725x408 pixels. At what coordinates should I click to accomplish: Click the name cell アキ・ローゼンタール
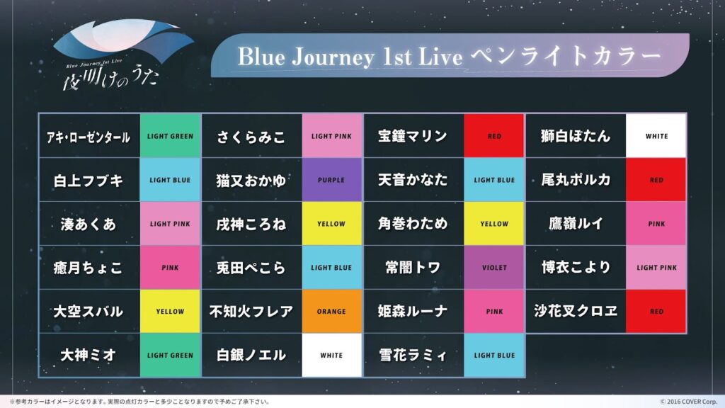tap(89, 137)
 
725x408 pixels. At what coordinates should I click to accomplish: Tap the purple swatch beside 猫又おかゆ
tap(331, 179)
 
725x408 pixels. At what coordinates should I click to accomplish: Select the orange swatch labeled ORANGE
tap(331, 312)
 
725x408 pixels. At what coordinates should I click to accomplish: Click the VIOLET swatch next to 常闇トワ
tap(493, 267)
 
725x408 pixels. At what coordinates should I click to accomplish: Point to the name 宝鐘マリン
tap(413, 136)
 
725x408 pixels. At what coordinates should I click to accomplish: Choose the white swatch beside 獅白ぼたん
tap(656, 136)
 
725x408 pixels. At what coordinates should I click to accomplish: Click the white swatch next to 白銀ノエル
tap(331, 356)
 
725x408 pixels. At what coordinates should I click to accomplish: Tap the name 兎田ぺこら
tap(251, 268)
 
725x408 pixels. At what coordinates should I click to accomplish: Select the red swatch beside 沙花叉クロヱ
tap(656, 312)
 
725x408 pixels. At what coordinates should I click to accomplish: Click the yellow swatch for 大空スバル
tap(170, 312)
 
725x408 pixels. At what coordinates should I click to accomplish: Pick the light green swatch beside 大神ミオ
tap(170, 356)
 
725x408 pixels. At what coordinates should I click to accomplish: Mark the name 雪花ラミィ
tap(413, 356)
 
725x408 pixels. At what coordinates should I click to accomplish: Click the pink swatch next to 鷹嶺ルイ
tap(656, 223)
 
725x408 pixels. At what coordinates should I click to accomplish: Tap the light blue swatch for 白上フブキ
tap(170, 179)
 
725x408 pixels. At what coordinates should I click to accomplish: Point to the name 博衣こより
tap(576, 267)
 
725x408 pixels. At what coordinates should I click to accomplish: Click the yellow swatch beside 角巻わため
tap(493, 223)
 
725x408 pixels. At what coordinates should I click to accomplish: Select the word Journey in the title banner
tap(333, 57)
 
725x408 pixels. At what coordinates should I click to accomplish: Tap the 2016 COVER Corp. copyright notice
tap(688, 402)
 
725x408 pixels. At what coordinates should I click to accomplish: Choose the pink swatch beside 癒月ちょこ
tap(170, 267)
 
